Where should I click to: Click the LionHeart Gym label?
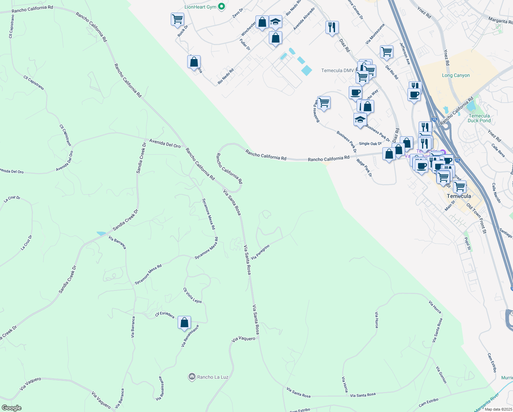[200, 7]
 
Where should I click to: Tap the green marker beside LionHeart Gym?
[222, 7]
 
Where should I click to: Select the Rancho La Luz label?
[213, 377]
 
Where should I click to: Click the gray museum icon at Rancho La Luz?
[192, 377]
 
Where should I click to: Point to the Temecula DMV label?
[337, 70]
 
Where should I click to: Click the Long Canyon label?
[456, 75]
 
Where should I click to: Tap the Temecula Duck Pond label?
[479, 118]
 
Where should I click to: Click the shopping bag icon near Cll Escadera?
[184, 323]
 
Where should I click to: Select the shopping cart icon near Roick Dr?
[177, 19]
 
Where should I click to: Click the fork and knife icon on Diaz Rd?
[332, 27]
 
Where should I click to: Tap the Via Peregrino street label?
[260, 252]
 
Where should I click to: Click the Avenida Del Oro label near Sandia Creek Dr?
[165, 144]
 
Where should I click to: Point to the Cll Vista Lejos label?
[192, 296]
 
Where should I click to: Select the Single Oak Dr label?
[370, 144]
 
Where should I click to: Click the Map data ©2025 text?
[498, 409]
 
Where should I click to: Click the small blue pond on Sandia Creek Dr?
[101, 233]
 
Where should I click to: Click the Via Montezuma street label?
[375, 34]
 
